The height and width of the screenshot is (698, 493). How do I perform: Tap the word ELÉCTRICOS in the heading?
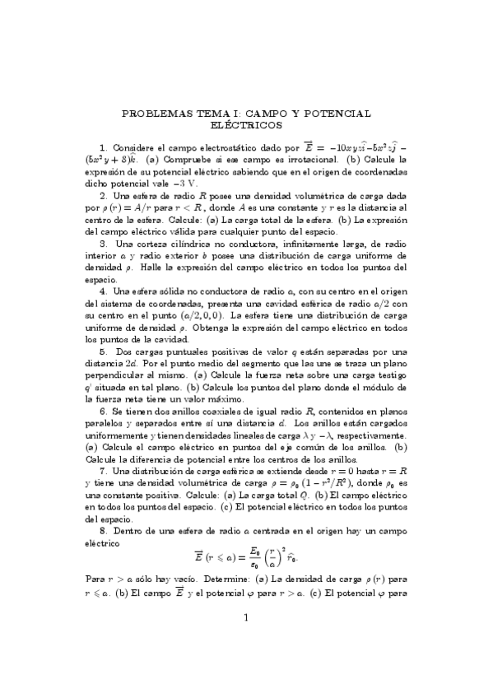247,125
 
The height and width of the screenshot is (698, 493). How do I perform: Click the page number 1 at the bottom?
247,663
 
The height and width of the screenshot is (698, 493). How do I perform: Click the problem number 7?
103,470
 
